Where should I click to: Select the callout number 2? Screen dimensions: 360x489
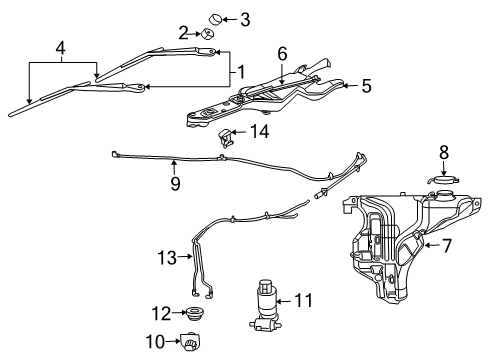(184, 33)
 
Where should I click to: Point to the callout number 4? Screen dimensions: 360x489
(62, 47)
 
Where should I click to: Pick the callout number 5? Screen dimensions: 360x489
(366, 87)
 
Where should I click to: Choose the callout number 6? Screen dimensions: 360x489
(282, 53)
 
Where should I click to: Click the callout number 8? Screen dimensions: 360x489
(444, 152)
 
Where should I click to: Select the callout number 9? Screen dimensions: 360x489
(174, 183)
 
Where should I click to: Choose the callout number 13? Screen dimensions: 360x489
(165, 258)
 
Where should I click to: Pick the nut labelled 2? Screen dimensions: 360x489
(208, 35)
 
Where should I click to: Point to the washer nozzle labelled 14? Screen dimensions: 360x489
(229, 137)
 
